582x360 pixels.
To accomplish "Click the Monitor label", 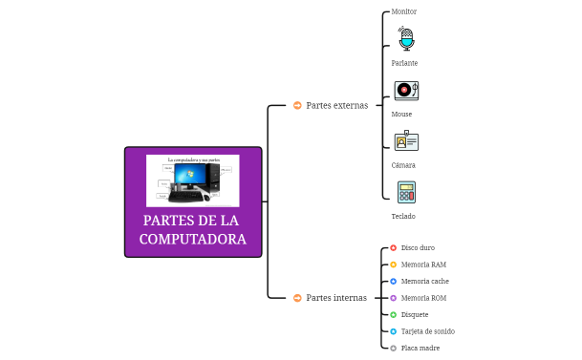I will coord(404,11).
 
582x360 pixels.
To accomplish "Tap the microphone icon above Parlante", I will coord(406,39).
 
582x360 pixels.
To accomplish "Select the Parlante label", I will coord(404,63).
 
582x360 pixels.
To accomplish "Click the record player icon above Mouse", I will coord(406,90).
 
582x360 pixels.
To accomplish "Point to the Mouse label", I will coord(401,114).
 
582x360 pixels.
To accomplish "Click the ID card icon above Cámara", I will coord(406,141).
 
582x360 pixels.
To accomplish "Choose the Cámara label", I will coord(403,165).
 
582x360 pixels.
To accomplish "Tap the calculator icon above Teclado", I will coord(406,192).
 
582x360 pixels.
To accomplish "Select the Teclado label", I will coord(403,217).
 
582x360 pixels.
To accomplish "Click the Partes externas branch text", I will coord(336,105).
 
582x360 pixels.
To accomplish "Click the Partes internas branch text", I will coord(335,298).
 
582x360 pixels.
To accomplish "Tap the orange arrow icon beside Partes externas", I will coord(297,105).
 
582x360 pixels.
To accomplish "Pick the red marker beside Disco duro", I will coord(393,247).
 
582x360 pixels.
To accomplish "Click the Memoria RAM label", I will coord(423,265).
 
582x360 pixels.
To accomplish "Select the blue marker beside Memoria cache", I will coord(393,282).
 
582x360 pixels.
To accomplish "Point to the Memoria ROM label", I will coord(423,298).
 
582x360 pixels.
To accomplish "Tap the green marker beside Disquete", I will coord(393,315).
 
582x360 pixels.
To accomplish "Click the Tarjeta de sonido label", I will coord(427,331).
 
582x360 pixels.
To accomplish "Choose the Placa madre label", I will coord(420,349).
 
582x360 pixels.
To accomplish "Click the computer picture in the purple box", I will coord(192,180).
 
